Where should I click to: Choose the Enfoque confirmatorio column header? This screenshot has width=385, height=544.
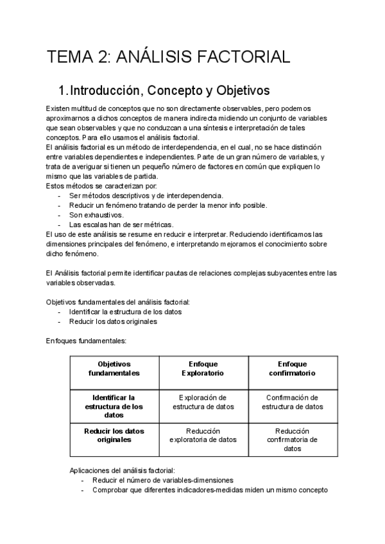point(292,368)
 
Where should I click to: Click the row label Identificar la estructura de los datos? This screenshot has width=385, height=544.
point(114,406)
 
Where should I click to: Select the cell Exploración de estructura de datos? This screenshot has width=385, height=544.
point(203,402)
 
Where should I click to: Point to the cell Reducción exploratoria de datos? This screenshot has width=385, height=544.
point(203,436)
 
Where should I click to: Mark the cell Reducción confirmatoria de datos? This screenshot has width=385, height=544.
point(292,440)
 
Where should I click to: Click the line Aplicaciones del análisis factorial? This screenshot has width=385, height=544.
point(121,470)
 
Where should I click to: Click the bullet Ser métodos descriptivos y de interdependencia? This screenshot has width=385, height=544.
point(146,196)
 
